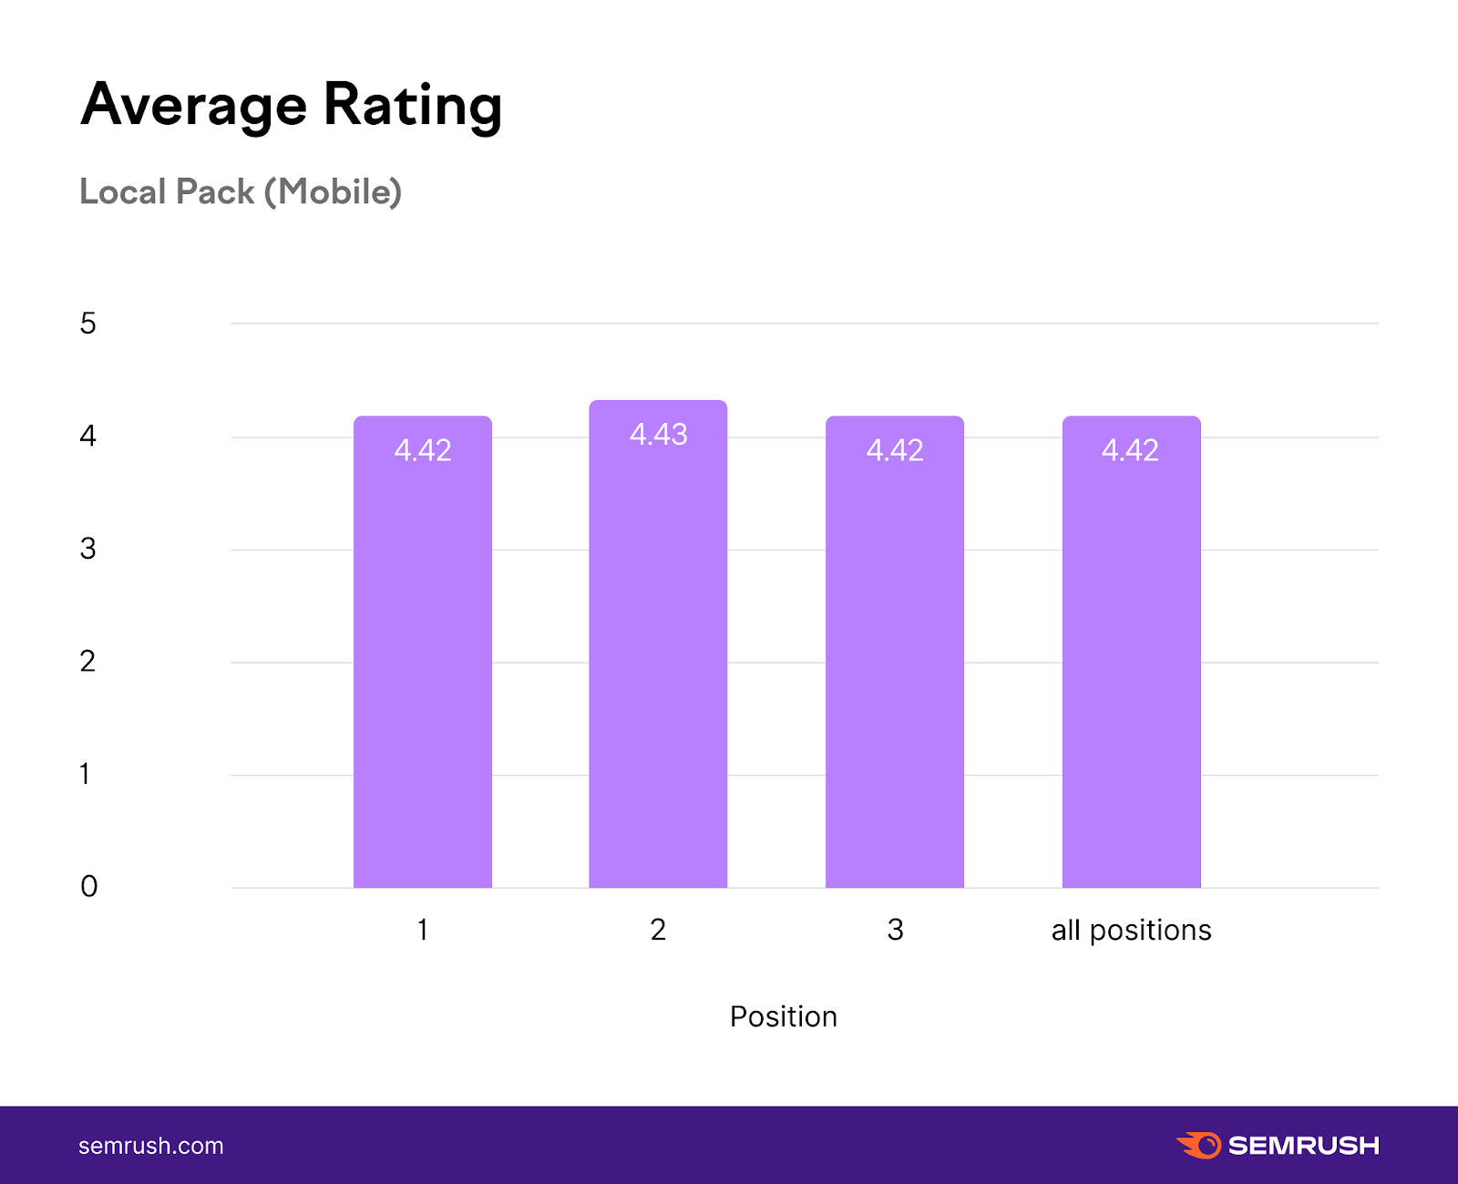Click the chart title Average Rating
click(x=292, y=105)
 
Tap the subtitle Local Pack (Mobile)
click(x=241, y=191)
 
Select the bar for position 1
click(x=423, y=665)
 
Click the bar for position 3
click(x=895, y=665)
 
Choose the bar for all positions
click(x=1131, y=665)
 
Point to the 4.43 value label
click(x=658, y=434)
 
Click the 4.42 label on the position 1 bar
click(x=423, y=450)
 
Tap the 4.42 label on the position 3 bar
click(x=895, y=450)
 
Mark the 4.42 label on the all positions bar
click(x=1131, y=450)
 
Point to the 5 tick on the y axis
click(x=87, y=324)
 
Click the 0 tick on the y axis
click(x=88, y=886)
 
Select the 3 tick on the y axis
click(x=87, y=549)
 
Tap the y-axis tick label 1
click(x=85, y=774)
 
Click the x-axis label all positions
click(x=1131, y=930)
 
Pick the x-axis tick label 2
click(x=658, y=930)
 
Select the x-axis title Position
click(x=783, y=1016)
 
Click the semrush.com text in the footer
click(x=151, y=1146)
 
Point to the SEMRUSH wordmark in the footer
click(x=1303, y=1146)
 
